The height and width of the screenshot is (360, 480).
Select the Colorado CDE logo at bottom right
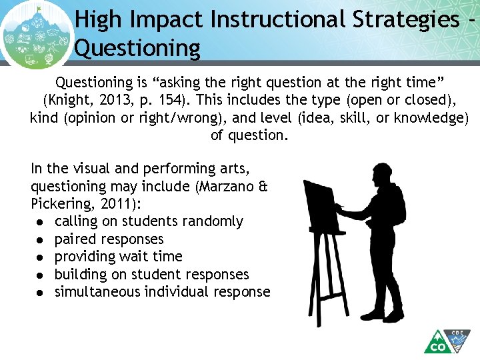pos(448,342)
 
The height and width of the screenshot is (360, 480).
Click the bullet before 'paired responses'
pos(41,239)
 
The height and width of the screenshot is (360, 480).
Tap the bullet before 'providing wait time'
pos(41,257)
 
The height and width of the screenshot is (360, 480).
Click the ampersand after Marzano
pos(263,187)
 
